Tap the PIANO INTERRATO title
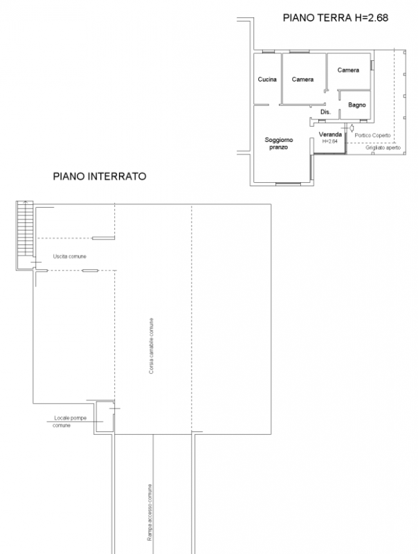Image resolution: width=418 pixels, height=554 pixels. point(100,176)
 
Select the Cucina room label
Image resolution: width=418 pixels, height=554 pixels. point(267,80)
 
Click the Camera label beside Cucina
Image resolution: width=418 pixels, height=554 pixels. point(302,80)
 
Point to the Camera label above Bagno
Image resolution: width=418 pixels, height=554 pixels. point(348,71)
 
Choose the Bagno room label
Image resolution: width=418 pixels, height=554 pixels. point(356,105)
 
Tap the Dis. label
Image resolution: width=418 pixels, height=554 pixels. point(325,111)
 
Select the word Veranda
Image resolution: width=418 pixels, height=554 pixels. point(329,134)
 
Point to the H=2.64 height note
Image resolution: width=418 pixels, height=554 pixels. point(329,141)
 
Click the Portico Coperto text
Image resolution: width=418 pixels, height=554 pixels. point(373,134)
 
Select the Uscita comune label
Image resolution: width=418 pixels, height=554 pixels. point(70,256)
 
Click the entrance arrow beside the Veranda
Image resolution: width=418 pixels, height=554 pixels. point(352,128)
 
